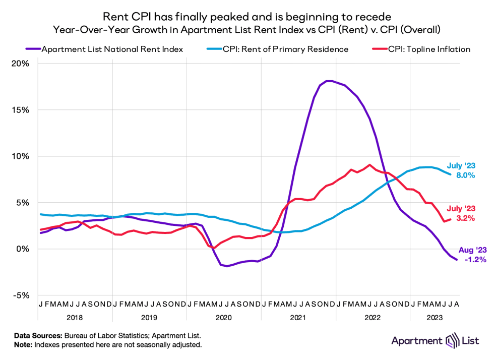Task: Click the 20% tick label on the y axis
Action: (x=21, y=64)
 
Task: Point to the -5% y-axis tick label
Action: (x=21, y=295)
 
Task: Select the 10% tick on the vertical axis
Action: (x=21, y=156)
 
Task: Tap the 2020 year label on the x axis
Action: (x=223, y=318)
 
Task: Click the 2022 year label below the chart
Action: (x=373, y=318)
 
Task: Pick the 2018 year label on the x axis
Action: (x=74, y=318)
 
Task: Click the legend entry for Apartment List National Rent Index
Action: (x=112, y=49)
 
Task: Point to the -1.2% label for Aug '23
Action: (x=472, y=260)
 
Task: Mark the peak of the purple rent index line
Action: (x=329, y=81)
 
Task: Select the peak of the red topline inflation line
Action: (x=370, y=165)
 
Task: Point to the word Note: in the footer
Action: (x=23, y=345)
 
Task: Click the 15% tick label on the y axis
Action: (x=21, y=110)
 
